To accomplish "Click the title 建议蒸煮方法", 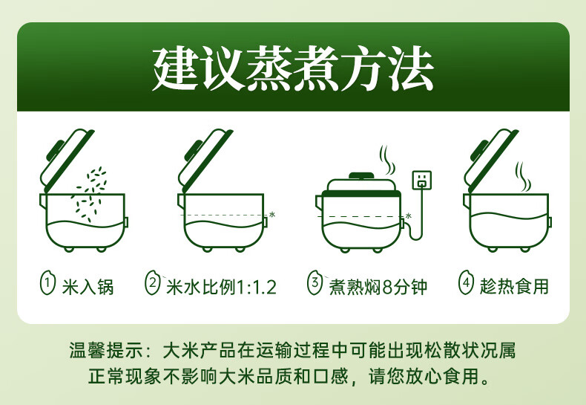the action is [x=294, y=68].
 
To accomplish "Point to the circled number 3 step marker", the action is [x=315, y=283].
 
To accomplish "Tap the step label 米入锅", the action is [x=88, y=287].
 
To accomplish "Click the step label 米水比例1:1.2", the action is [x=221, y=287].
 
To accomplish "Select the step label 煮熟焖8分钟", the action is [x=378, y=287].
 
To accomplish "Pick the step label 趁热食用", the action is [x=514, y=287].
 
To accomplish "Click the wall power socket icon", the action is [x=422, y=181].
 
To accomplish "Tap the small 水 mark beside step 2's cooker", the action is [x=272, y=215].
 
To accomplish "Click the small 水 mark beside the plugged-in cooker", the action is [x=409, y=216].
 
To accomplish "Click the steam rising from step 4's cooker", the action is [x=523, y=177].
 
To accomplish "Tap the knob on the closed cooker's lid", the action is [x=361, y=176].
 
